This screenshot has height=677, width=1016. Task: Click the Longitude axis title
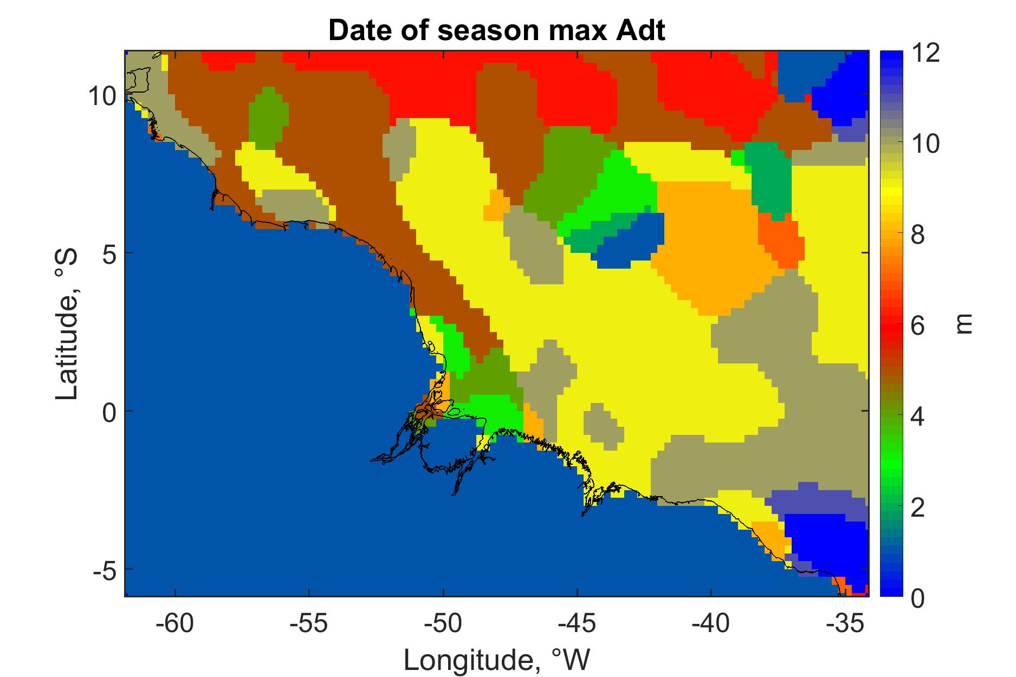[496, 659]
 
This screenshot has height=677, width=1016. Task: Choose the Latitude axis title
[67, 324]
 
